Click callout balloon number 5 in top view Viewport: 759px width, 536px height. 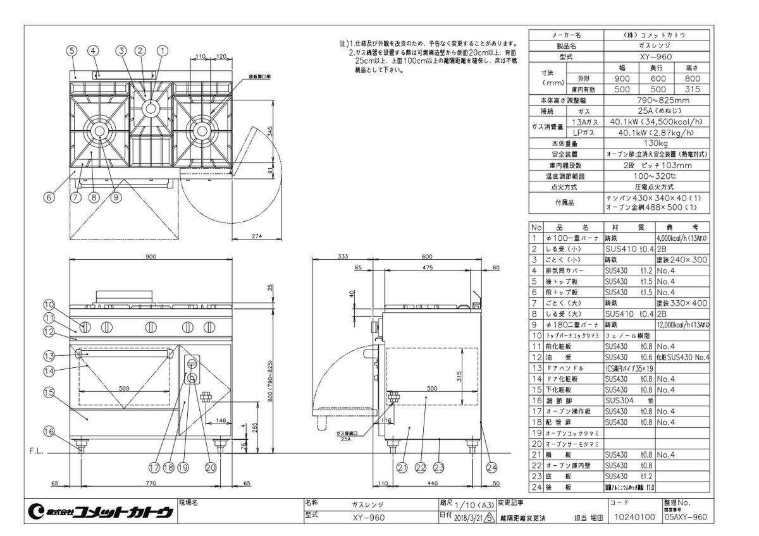pos(72,50)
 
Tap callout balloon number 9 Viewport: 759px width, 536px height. pos(116,197)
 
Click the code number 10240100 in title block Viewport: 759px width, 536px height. pos(632,517)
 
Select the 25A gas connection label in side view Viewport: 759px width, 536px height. pos(345,439)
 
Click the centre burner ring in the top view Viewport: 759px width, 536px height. pos(151,107)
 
